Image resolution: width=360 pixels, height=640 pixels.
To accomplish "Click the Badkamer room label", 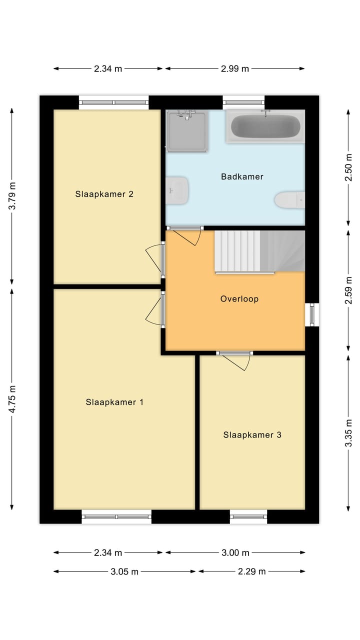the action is click(x=242, y=176).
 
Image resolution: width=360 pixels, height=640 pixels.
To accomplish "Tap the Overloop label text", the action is click(x=239, y=299).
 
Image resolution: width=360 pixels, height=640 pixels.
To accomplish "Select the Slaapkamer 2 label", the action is click(x=104, y=194).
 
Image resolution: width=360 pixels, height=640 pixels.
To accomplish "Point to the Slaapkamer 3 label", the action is click(x=252, y=435).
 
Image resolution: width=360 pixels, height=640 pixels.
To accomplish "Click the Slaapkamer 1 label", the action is click(x=114, y=402).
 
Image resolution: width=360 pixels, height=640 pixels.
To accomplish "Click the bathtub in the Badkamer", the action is click(x=265, y=126).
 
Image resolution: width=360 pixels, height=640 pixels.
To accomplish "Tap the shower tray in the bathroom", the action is click(x=187, y=131).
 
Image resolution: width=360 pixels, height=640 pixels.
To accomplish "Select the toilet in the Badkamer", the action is click(x=289, y=199).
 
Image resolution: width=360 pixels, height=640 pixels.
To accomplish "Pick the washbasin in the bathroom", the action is click(x=177, y=190).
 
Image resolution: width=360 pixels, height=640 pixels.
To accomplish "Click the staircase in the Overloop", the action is click(x=259, y=251).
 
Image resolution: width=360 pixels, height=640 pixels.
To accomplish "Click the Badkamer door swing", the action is click(x=187, y=237).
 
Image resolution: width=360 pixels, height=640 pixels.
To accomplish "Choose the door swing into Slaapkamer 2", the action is click(x=154, y=256).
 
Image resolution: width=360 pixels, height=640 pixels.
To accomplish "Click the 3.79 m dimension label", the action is click(x=12, y=195).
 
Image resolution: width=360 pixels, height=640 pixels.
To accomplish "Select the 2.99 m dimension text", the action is click(x=235, y=69).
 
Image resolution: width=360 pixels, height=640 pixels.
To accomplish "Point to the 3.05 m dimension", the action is click(x=124, y=571).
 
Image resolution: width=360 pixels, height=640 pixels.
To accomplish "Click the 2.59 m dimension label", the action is click(x=348, y=290).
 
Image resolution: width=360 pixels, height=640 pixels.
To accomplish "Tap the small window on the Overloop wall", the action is click(x=312, y=314).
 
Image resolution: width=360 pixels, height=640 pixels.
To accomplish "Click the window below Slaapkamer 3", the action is click(x=248, y=516).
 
